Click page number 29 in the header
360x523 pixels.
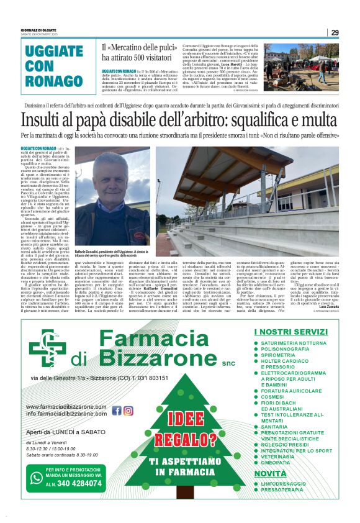[334, 32]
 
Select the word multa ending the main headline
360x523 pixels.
[319, 120]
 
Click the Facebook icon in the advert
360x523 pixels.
[117, 411]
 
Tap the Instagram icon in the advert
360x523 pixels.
[128, 411]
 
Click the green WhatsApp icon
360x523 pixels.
[37, 478]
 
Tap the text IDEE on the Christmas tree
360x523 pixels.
[181, 420]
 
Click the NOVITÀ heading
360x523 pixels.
[271, 474]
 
